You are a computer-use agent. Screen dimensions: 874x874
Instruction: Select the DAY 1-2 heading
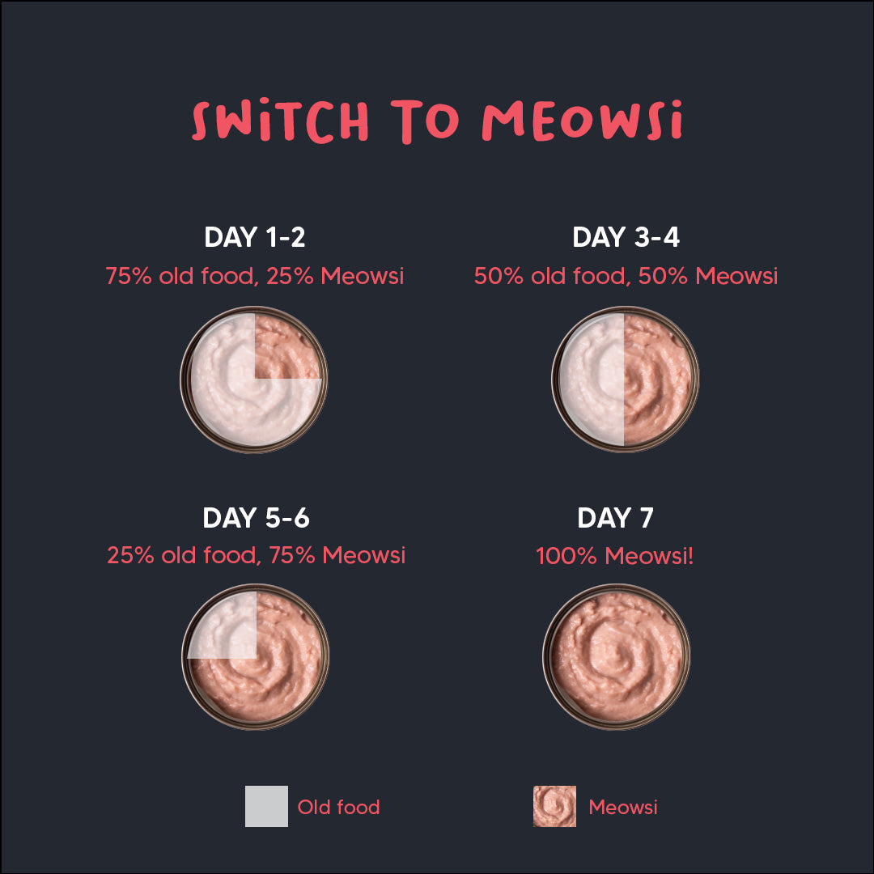(x=255, y=237)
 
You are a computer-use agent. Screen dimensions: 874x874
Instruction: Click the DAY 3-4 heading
(x=626, y=237)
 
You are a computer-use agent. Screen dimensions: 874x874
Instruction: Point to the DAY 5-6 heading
(x=256, y=518)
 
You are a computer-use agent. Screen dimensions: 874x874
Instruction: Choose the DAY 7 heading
(x=615, y=518)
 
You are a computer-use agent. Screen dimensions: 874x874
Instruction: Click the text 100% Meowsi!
(x=615, y=556)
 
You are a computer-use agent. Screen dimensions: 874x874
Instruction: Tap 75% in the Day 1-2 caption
(x=129, y=276)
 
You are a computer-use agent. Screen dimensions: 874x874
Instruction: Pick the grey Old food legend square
(x=266, y=806)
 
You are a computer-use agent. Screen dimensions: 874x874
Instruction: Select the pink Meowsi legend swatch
(x=554, y=806)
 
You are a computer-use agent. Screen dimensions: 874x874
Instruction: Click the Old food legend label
(x=338, y=807)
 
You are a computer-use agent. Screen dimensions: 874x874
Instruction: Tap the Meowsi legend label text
(x=623, y=807)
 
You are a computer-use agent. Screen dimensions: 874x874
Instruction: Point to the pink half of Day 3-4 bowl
(x=657, y=379)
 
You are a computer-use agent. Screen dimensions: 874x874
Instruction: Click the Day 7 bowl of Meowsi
(x=616, y=656)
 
